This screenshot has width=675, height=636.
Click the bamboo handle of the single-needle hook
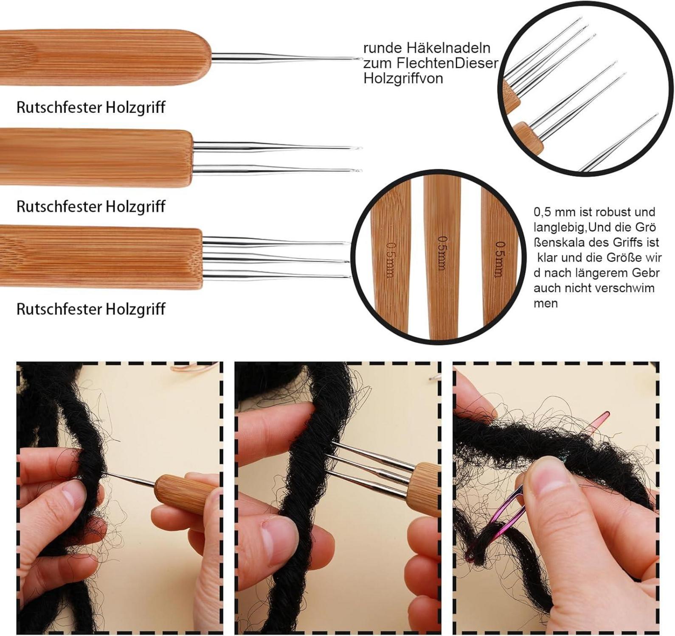[105, 57]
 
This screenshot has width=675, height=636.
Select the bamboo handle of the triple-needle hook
[101, 259]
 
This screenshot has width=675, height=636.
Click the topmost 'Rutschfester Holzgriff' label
[91, 107]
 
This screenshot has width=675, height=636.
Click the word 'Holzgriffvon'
[403, 78]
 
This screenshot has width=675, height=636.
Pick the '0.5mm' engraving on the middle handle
[442, 253]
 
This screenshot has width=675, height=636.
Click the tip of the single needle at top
[361, 59]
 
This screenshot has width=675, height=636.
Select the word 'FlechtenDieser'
[447, 63]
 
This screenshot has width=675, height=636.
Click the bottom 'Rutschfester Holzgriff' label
[91, 309]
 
